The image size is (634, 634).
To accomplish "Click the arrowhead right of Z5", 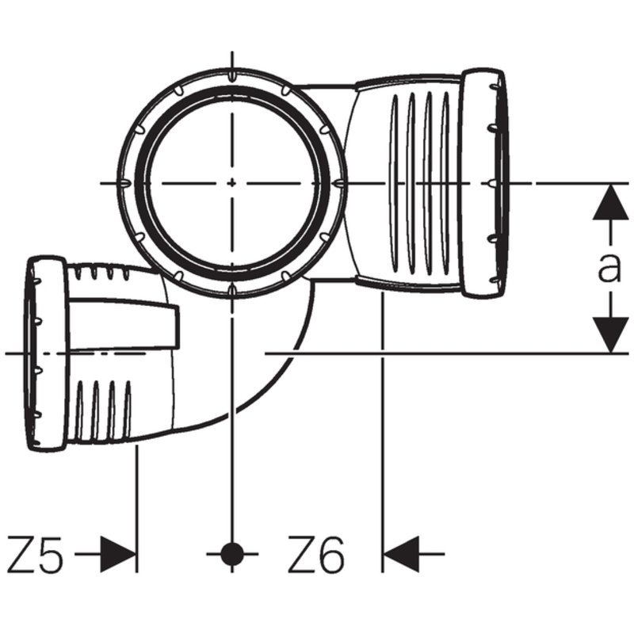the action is point(119,554).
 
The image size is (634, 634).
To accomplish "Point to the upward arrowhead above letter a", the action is point(609,201).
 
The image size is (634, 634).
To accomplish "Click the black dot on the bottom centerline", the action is point(231,554).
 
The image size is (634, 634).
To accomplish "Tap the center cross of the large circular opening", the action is point(231,183).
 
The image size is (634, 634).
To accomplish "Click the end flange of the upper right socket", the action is point(485,184).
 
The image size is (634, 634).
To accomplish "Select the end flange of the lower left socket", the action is point(46,353).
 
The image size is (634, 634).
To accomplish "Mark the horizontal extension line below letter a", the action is point(444,352).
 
